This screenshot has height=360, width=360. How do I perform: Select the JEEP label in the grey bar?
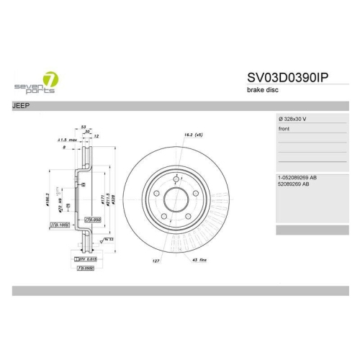(22, 106)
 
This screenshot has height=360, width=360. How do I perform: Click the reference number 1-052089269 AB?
(298, 177)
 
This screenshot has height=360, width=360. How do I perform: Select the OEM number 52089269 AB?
(294, 184)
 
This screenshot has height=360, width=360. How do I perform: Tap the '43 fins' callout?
(200, 259)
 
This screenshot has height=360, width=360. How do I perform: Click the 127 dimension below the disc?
(156, 259)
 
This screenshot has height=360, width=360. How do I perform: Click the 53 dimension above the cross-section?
(84, 125)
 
